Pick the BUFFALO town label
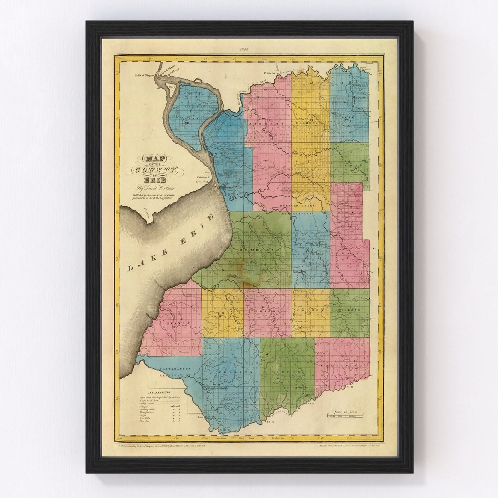226,152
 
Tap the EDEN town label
223,314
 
